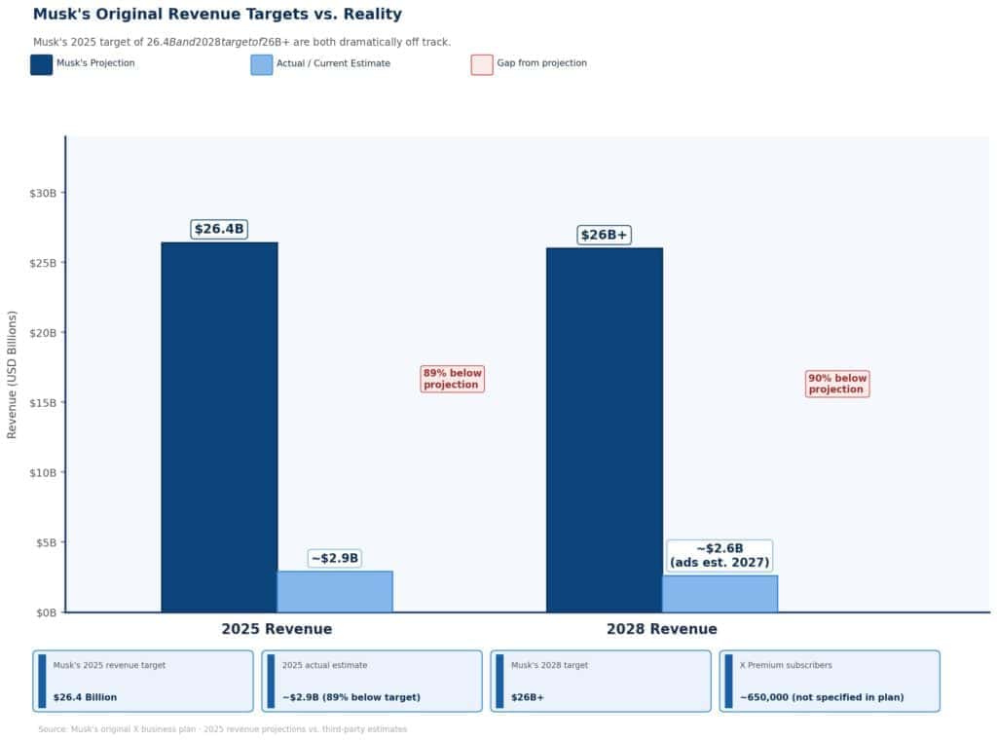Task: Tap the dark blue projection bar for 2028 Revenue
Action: pos(604,429)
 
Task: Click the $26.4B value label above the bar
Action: pos(219,230)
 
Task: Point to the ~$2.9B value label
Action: pos(335,558)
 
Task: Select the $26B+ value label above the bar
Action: pos(604,235)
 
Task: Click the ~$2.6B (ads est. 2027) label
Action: pos(720,555)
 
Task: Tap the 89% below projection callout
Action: pos(452,379)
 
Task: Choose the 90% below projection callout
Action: pos(837,384)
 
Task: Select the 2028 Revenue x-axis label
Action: pos(661,629)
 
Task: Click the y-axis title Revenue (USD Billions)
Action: pos(13,375)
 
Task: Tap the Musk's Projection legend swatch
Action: pos(42,64)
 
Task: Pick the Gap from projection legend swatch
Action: pos(482,64)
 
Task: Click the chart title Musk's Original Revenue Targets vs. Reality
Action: pos(217,15)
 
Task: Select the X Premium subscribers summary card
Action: pos(830,681)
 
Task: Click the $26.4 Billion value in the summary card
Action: pos(85,697)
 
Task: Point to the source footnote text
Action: pos(222,729)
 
